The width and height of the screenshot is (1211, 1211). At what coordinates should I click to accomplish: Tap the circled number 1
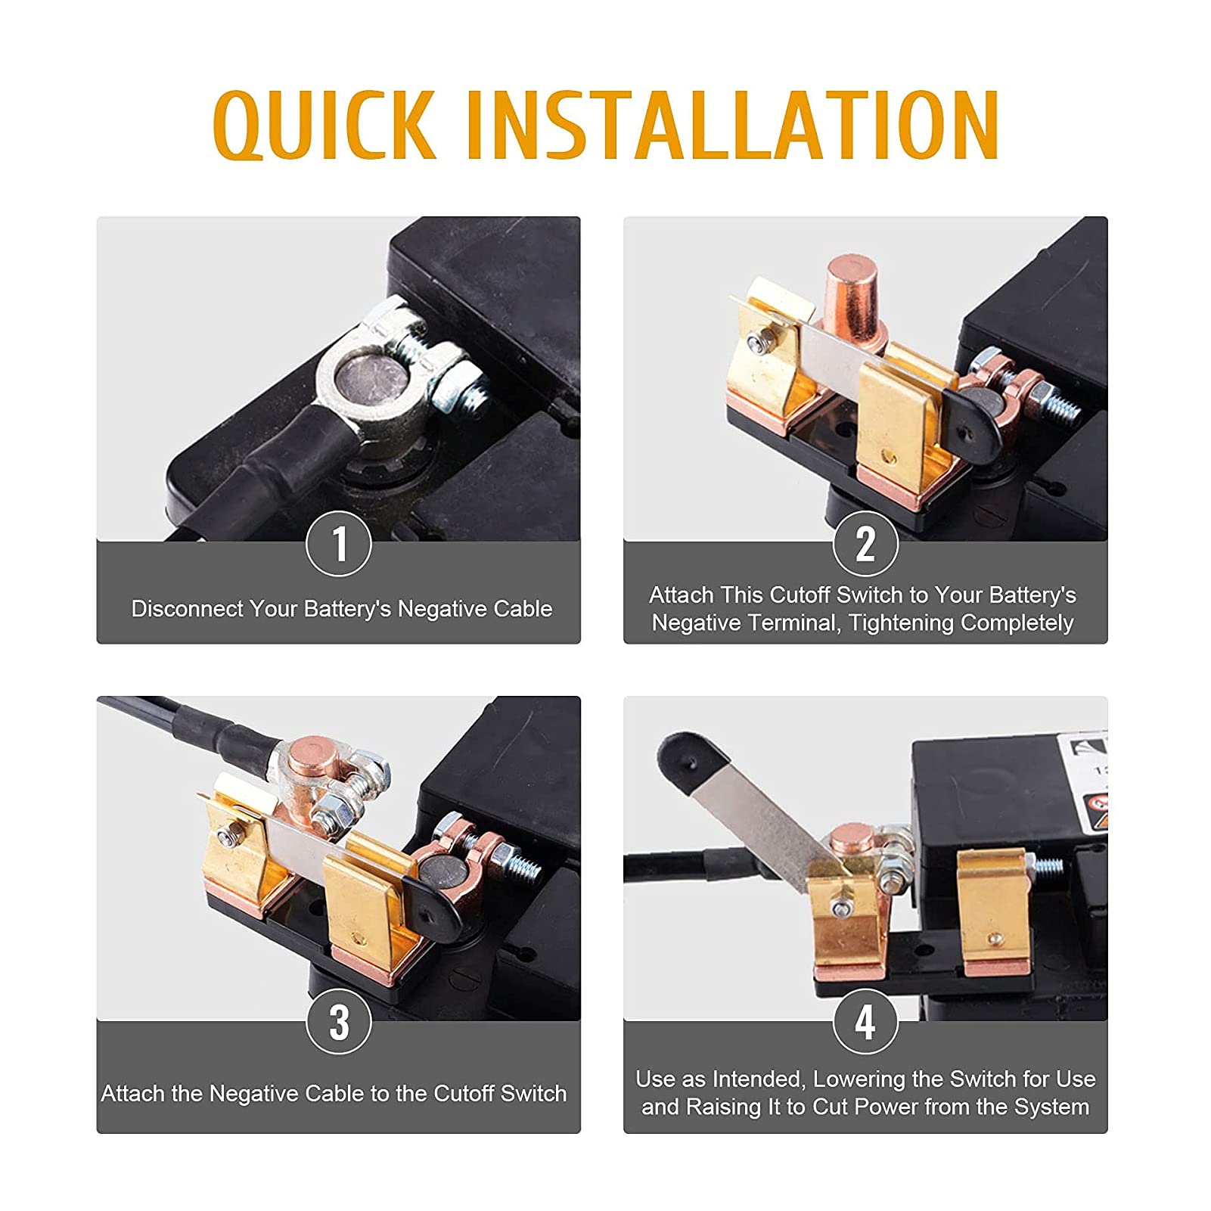click(x=339, y=544)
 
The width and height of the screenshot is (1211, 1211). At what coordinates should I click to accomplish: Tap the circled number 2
click(x=865, y=544)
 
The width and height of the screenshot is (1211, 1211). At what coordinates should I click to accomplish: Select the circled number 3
click(x=339, y=1022)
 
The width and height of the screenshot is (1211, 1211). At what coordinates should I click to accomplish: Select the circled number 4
click(x=865, y=1022)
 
